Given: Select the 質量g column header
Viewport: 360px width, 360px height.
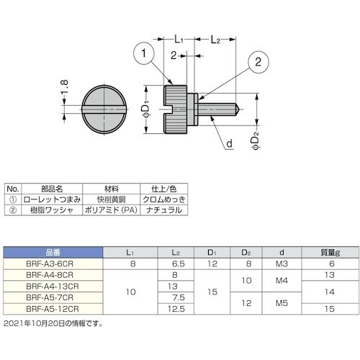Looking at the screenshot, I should (x=330, y=252).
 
